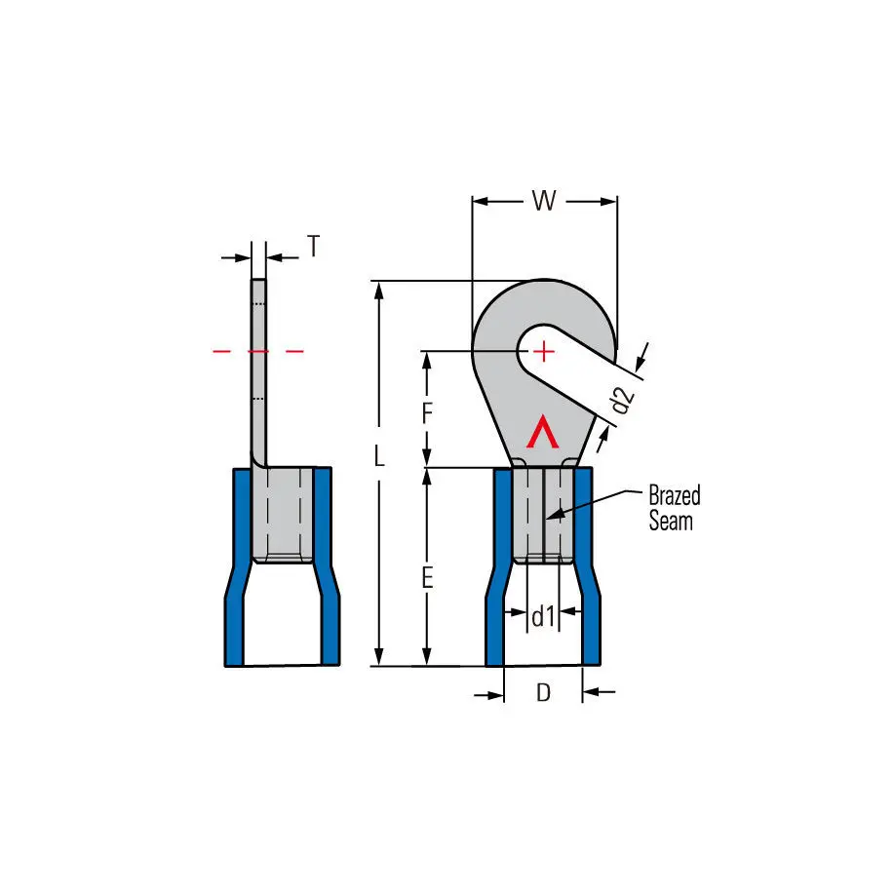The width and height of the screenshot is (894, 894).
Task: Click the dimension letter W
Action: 544,200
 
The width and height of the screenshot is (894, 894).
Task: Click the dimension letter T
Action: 313,246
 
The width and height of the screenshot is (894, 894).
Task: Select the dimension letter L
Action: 379,455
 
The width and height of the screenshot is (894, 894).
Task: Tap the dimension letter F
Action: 427,412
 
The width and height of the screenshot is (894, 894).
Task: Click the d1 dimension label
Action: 543,616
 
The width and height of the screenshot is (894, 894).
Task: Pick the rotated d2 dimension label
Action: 622,399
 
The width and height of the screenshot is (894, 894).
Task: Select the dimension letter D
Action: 543,692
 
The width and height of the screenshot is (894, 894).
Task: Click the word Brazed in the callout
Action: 675,495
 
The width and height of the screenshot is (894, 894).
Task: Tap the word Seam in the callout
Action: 671,522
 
